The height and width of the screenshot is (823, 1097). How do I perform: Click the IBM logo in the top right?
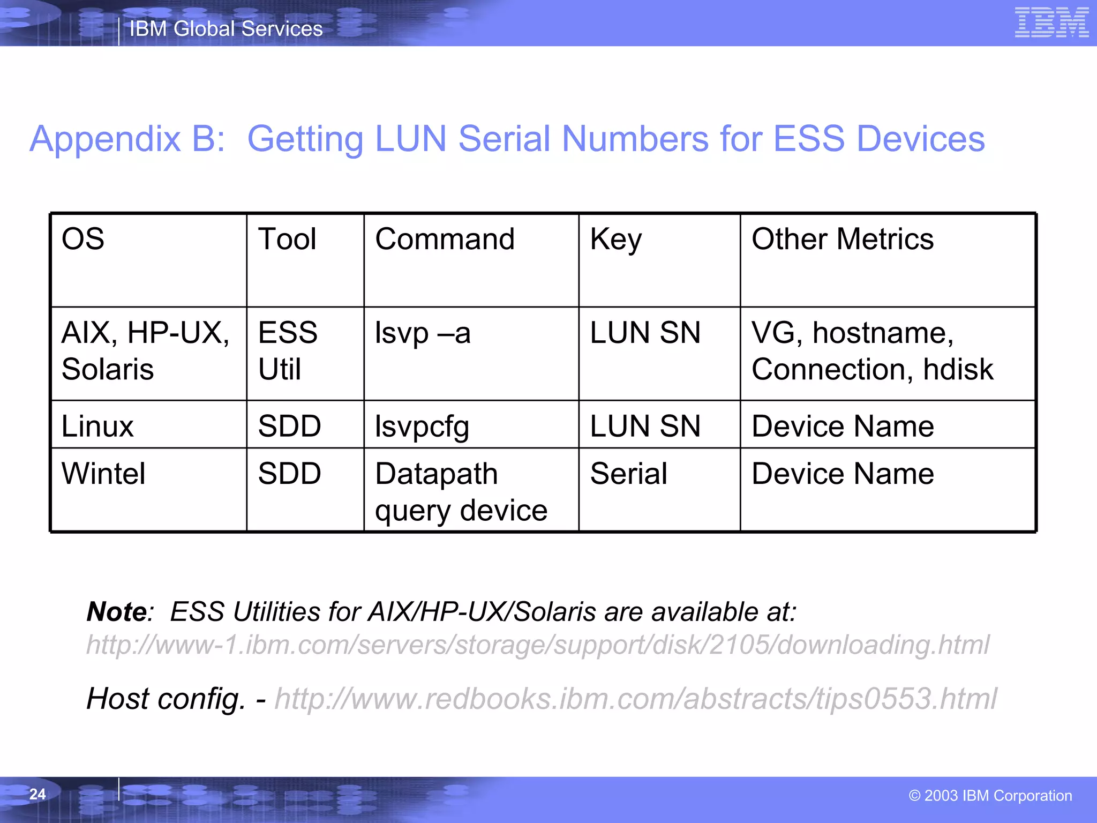click(x=1051, y=23)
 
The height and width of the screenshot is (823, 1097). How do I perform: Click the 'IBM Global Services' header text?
click(x=226, y=29)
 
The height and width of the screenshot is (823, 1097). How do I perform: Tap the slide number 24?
click(x=37, y=794)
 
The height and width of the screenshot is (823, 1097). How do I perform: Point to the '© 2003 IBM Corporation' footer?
click(x=990, y=796)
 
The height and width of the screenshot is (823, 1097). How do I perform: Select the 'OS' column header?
click(x=83, y=239)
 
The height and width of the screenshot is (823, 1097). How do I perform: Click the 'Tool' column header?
click(x=287, y=239)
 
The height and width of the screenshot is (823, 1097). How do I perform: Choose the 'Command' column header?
click(x=445, y=239)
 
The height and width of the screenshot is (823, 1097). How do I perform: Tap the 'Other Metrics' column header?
click(x=842, y=239)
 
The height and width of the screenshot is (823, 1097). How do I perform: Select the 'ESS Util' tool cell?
click(x=288, y=351)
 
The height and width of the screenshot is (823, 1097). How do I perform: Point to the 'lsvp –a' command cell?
click(x=422, y=333)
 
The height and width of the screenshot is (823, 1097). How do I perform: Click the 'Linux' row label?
click(x=97, y=427)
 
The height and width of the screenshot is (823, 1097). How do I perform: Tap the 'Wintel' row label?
click(x=103, y=474)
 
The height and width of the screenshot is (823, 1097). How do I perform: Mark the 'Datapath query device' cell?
click(x=461, y=492)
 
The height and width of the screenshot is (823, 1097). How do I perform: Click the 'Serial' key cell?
click(x=628, y=474)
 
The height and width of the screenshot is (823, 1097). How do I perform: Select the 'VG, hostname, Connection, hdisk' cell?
click(x=872, y=351)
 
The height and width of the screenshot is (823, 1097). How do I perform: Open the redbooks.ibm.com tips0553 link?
click(x=635, y=699)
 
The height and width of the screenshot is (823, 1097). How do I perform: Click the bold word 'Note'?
click(x=117, y=612)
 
